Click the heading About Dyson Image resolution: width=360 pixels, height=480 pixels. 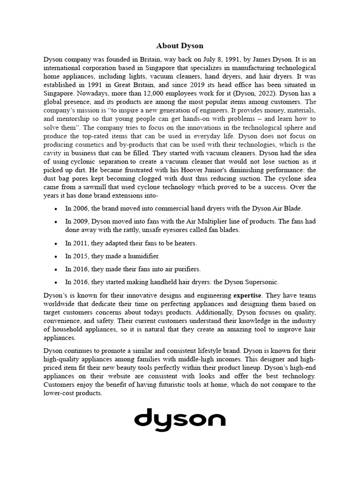click(x=180, y=46)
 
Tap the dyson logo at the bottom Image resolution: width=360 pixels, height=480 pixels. click(x=180, y=418)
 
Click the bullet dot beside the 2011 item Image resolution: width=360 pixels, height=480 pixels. click(x=56, y=244)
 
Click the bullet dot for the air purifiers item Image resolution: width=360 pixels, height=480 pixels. click(x=56, y=270)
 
